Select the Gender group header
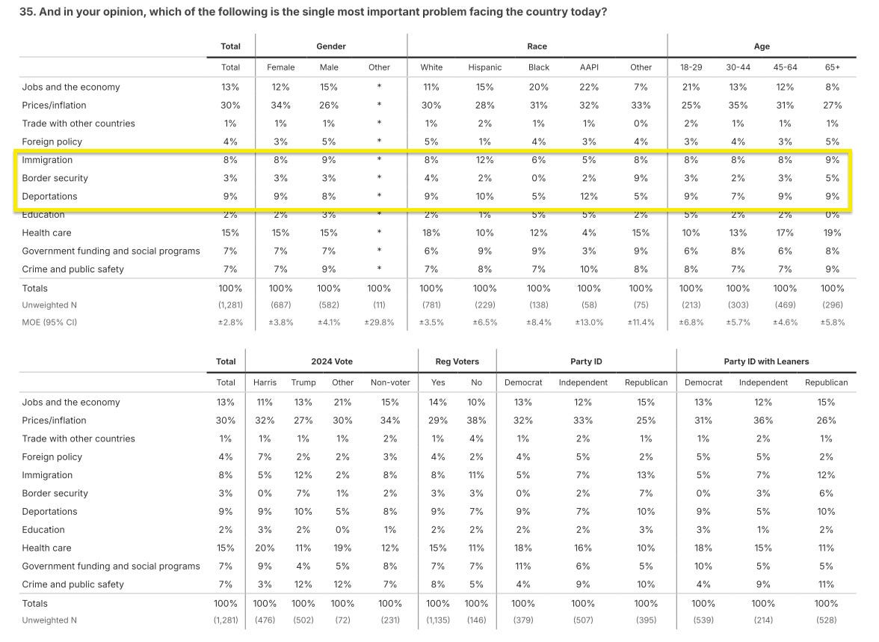tap(330, 46)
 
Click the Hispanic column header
tap(484, 67)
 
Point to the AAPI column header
tap(589, 67)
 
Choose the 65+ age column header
tap(832, 67)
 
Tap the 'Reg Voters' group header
tap(457, 361)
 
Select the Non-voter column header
tap(390, 382)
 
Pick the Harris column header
tap(265, 382)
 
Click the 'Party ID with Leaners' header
tap(766, 361)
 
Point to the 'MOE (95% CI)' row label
tap(49, 322)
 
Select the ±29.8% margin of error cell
tap(379, 322)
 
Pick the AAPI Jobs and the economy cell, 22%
tap(589, 87)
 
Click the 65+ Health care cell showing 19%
tap(832, 233)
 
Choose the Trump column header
tap(303, 382)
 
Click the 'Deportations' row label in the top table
tap(49, 196)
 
